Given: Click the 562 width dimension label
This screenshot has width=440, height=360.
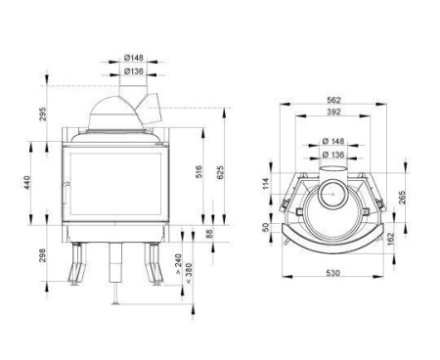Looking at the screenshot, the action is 333,100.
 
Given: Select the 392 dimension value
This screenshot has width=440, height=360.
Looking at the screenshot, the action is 333,112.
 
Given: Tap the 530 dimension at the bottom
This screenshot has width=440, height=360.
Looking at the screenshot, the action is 332,273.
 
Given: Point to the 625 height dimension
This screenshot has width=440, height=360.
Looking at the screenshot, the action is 220,173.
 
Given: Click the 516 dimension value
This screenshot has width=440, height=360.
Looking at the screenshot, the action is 199,171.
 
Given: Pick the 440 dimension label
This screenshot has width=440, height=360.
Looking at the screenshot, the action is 26,183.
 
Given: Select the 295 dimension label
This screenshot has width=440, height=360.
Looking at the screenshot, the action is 43,113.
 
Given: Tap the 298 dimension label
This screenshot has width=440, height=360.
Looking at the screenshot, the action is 43,256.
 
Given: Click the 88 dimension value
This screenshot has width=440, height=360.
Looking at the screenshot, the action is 209,234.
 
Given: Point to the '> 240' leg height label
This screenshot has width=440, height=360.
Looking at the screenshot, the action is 178,264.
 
